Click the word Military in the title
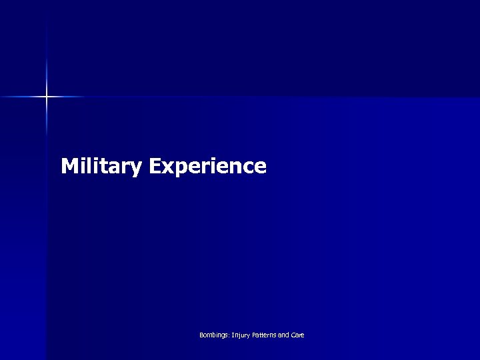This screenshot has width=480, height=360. pyautogui.click(x=101, y=166)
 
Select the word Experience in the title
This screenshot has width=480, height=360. pyautogui.click(x=207, y=166)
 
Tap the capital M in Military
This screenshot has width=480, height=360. pyautogui.click(x=69, y=165)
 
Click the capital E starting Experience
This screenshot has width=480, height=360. pyautogui.click(x=155, y=165)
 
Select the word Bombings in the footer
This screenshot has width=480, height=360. pyautogui.click(x=213, y=335)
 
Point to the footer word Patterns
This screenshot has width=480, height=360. pyautogui.click(x=266, y=335)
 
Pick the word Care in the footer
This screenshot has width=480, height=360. pyautogui.click(x=299, y=335)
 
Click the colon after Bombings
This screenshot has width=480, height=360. pyautogui.click(x=228, y=335)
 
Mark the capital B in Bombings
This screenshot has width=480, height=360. pyautogui.click(x=201, y=335)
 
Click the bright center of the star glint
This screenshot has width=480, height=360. pyautogui.click(x=47, y=97)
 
